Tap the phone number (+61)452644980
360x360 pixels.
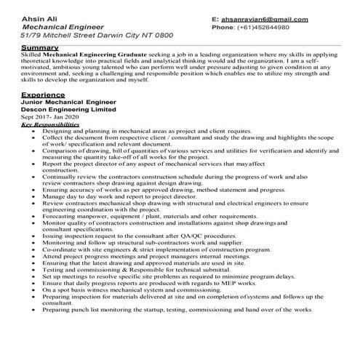[268, 27]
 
